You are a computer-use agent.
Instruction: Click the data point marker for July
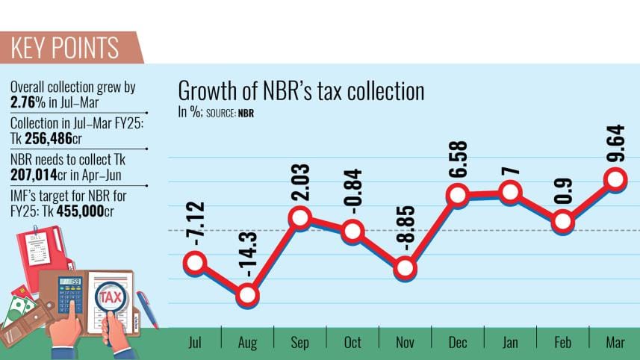click(196, 262)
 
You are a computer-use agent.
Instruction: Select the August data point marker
click(248, 295)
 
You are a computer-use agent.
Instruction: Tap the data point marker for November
click(405, 267)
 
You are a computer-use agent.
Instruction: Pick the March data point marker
click(615, 179)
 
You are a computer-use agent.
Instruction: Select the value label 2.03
click(299, 179)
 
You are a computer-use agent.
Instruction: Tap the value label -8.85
click(404, 228)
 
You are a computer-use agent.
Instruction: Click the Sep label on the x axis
click(299, 344)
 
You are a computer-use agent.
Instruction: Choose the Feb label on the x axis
click(562, 344)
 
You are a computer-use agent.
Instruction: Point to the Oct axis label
click(352, 344)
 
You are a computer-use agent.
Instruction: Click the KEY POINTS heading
click(65, 47)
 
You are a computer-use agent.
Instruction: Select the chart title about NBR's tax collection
click(301, 92)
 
